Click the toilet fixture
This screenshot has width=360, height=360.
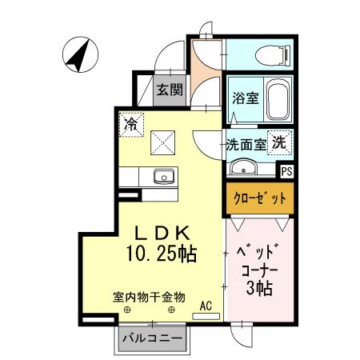pos(268,54)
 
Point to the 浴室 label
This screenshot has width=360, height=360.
pos(245,98)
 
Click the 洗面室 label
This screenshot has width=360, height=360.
pos(246,146)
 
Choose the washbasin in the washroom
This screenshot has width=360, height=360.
pos(243,168)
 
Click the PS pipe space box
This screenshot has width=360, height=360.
pos(286,169)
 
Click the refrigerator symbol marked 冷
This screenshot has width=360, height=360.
pos(130,124)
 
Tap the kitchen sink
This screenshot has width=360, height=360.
pos(165,175)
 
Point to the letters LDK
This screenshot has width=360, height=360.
pos(160,234)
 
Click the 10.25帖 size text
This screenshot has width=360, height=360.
pos(161,254)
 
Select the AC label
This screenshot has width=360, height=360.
pos(205,304)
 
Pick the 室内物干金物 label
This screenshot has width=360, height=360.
pos(148,297)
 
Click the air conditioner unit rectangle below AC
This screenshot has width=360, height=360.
pos(206,316)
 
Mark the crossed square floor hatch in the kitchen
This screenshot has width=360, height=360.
pos(163,142)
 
